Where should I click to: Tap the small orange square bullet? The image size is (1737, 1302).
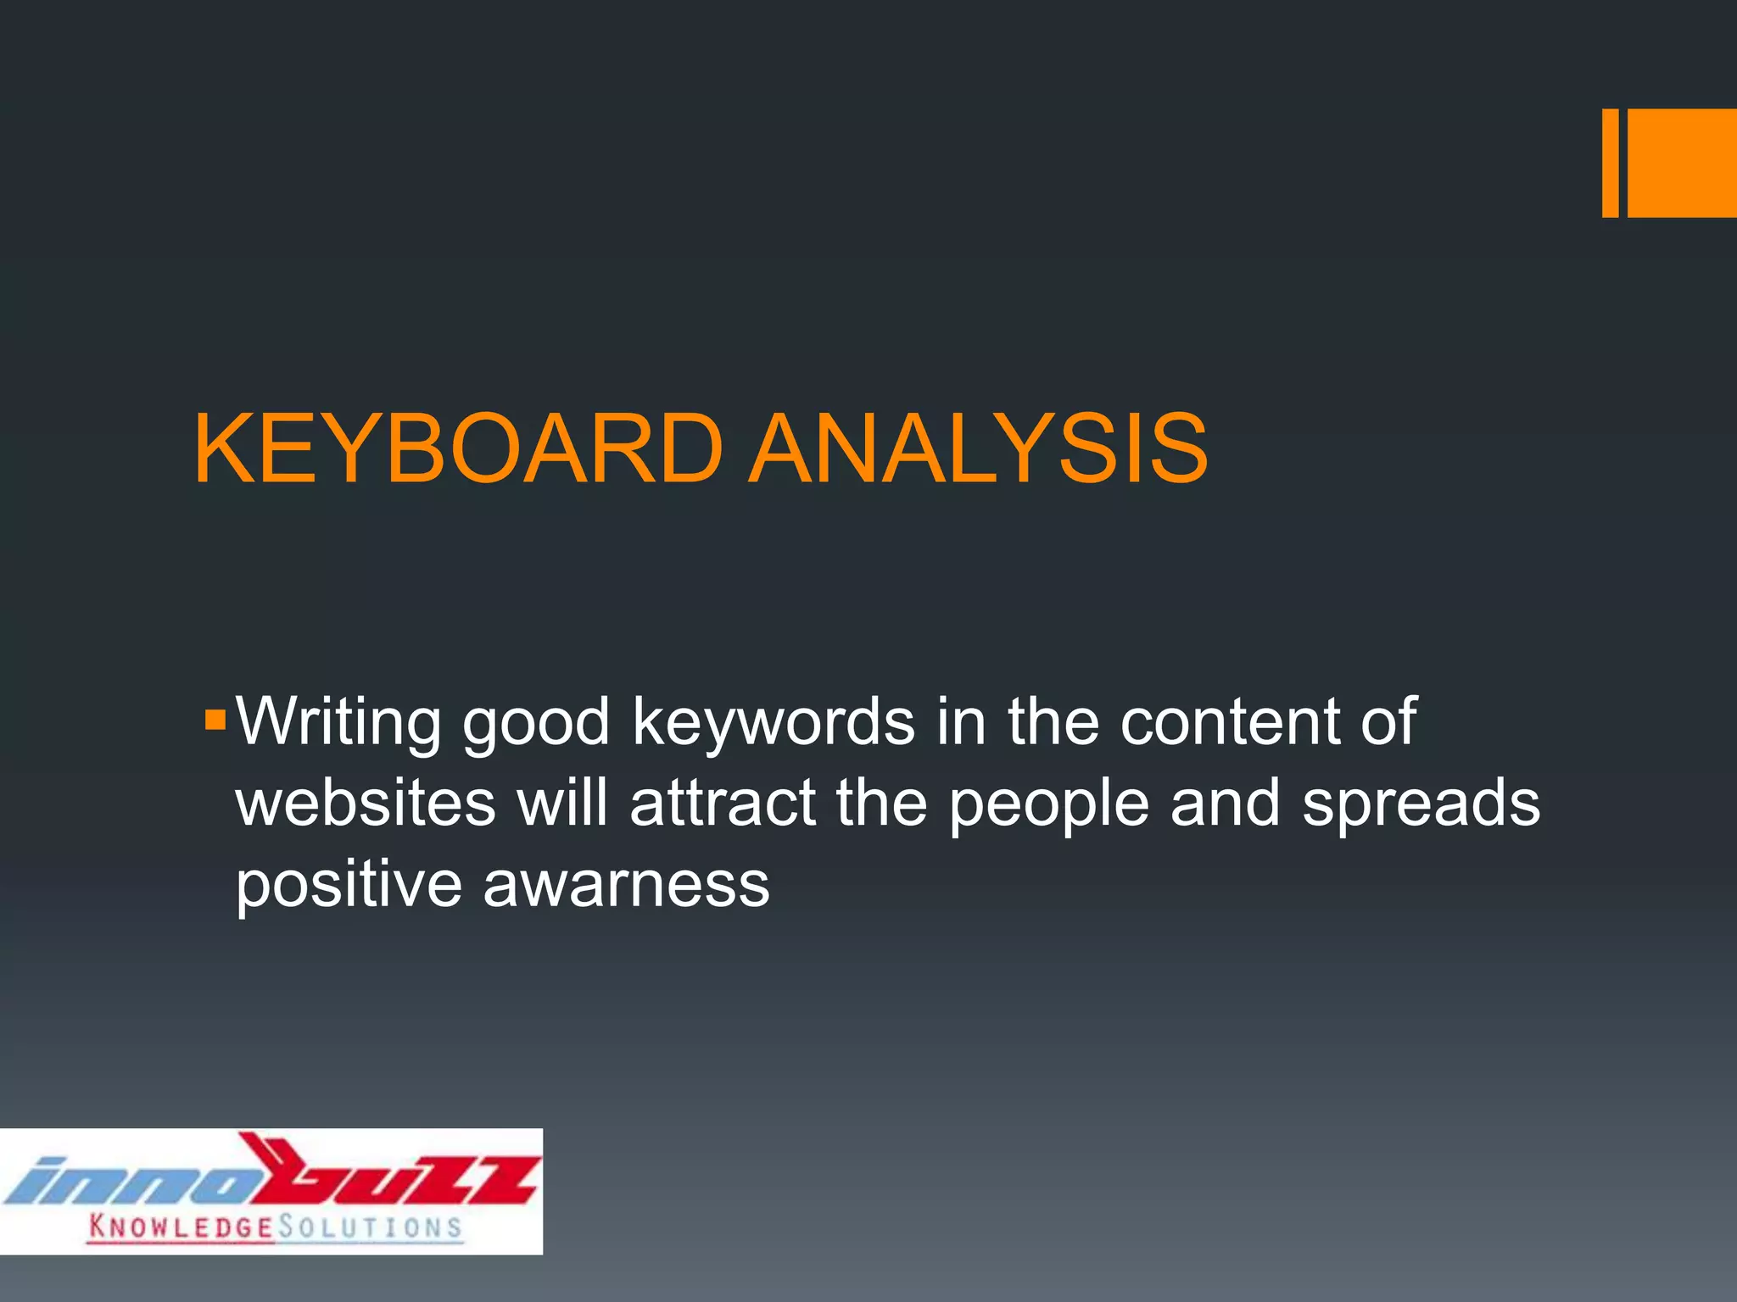215,721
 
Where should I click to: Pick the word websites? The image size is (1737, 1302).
365,804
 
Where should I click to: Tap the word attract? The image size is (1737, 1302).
723,804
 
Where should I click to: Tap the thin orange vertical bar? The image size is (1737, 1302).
1610,163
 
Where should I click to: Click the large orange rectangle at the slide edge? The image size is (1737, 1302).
1682,163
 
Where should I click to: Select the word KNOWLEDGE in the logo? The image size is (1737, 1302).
181,1227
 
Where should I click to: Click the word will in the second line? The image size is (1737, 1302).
562,802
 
